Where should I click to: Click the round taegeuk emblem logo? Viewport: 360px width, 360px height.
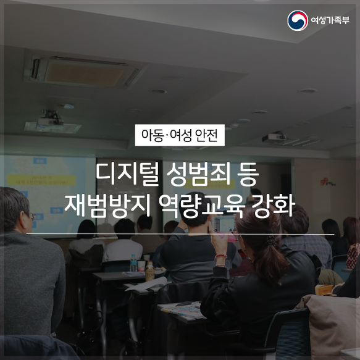298,20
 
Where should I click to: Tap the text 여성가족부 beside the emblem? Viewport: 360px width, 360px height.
330,20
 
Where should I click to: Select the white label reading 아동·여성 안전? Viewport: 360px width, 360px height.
180,135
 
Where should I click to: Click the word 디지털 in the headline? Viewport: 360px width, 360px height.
127,174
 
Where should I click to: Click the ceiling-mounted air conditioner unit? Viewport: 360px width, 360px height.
82,72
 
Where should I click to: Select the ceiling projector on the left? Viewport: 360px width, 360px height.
51,119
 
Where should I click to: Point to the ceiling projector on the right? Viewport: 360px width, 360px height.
274,136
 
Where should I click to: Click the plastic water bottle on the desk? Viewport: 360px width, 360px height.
133,262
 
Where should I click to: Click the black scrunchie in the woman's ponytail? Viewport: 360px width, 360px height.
271,240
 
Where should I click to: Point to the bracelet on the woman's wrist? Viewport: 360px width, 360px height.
220,257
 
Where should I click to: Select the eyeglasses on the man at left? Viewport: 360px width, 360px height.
32,216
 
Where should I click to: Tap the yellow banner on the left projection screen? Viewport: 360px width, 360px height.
41,180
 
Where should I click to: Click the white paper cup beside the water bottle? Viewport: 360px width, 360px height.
141,266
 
